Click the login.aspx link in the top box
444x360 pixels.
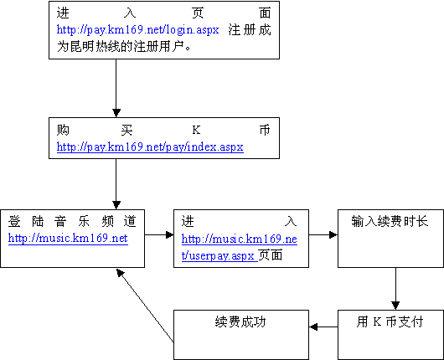[137, 30]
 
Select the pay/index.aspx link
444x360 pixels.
[150, 147]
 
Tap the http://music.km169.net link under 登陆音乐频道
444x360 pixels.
[68, 239]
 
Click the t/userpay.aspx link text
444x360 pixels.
[219, 255]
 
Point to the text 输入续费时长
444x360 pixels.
[390, 221]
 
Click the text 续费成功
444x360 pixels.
[240, 321]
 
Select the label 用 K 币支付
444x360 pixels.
[390, 321]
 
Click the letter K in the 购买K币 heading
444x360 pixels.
[196, 131]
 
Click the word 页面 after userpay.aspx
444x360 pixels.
[271, 255]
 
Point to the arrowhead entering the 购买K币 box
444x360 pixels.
[116, 113]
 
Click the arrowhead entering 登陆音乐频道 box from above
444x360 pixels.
[116, 205]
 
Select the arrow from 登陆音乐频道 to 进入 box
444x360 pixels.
[159, 234]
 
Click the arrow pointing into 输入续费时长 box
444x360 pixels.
[323, 234]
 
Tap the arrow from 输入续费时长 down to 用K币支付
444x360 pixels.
[395, 289]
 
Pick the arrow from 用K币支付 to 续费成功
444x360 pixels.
[323, 327]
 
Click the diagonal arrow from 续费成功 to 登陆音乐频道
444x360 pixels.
[145, 306]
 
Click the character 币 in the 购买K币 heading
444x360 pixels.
[265, 131]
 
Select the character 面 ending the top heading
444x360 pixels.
[265, 13]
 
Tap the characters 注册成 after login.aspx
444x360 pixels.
[250, 30]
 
